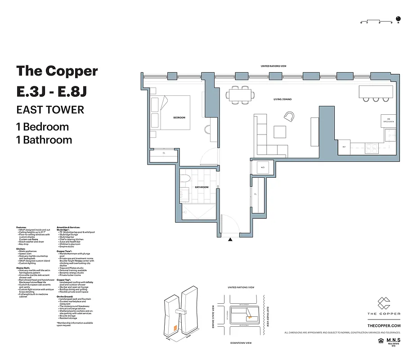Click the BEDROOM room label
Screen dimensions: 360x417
(x=179, y=117)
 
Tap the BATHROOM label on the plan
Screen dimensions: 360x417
(x=201, y=187)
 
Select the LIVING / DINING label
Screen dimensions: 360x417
(x=282, y=99)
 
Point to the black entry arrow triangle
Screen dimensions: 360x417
(x=231, y=240)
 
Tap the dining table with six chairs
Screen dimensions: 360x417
(x=240, y=94)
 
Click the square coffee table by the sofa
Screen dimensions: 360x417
(x=280, y=131)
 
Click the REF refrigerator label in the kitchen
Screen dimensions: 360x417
(x=344, y=147)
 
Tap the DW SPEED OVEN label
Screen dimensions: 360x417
(x=389, y=120)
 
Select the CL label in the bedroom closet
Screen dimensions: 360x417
(x=164, y=153)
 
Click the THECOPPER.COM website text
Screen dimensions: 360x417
(x=384, y=325)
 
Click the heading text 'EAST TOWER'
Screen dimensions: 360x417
(x=50, y=109)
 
